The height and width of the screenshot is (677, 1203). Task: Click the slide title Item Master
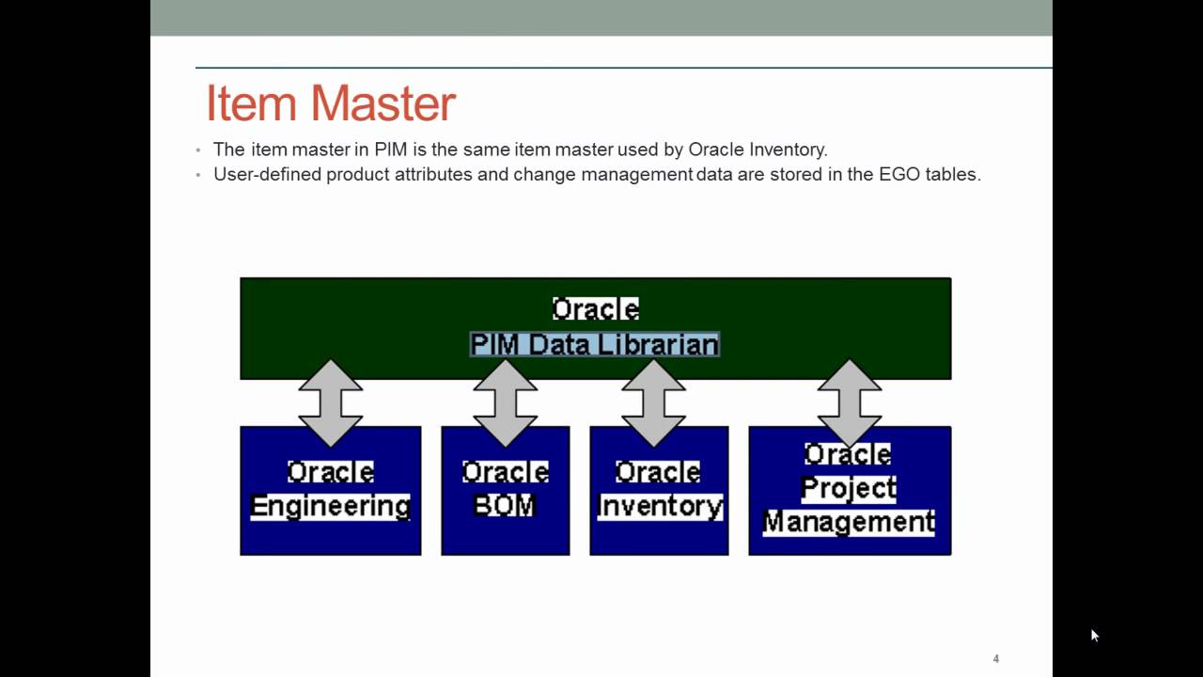tap(331, 103)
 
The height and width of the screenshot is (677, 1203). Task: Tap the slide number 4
tap(995, 659)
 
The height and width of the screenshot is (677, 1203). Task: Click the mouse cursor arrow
tap(1095, 636)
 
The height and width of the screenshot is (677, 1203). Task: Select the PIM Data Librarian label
tap(595, 344)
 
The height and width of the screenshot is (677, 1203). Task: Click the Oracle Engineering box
tap(330, 490)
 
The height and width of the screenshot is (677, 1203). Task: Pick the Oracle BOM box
tap(505, 490)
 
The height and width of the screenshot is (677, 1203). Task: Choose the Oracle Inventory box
tap(659, 490)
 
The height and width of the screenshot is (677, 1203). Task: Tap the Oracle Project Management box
tap(850, 490)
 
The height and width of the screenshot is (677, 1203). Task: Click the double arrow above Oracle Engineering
tap(331, 402)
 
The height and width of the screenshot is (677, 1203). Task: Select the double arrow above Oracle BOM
tap(506, 402)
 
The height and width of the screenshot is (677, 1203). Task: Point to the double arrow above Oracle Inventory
tap(654, 402)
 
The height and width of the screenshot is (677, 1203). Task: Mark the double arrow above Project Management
tap(850, 402)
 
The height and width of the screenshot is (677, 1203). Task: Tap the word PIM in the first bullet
tap(391, 150)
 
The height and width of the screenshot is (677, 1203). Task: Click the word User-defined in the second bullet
tap(267, 174)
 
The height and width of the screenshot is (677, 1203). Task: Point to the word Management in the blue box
tap(849, 521)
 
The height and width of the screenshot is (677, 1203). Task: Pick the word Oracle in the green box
tap(595, 309)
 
